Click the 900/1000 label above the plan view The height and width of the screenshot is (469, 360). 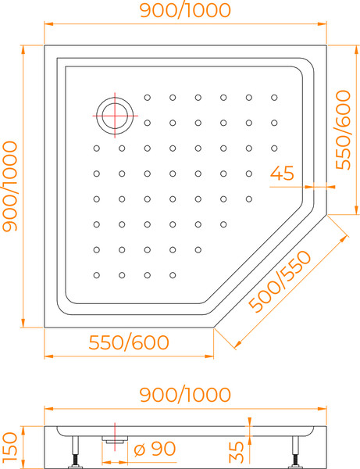[185, 10]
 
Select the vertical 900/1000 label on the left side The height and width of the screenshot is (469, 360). [10, 187]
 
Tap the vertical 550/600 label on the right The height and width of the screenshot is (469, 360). [343, 130]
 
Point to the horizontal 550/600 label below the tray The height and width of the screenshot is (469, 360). [129, 342]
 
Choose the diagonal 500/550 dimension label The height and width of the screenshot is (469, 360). [280, 281]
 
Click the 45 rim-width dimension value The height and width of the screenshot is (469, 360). [282, 173]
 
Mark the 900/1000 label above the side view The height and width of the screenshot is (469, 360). [185, 395]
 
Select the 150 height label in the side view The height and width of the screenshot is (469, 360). [10, 446]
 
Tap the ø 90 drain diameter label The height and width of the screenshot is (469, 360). [155, 449]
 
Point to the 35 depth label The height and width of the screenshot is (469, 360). [237, 452]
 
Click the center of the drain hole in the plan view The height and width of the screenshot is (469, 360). [115, 116]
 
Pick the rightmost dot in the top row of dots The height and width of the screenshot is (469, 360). [274, 98]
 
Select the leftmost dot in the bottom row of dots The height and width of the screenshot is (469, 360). [97, 275]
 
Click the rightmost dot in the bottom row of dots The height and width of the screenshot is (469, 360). [173, 275]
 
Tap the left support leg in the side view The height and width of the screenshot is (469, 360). [75, 452]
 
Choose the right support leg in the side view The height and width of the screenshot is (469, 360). [295, 452]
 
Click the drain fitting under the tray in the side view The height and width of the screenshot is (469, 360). [115, 439]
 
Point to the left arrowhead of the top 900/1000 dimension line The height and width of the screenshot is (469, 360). [48, 24]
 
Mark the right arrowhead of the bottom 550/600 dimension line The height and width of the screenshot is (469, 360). [209, 356]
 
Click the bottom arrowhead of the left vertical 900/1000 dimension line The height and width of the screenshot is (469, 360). [23, 323]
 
